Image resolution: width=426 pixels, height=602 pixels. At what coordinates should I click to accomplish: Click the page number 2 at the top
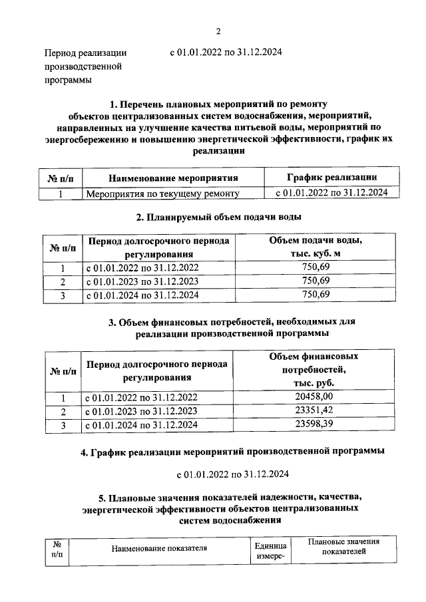[218, 31]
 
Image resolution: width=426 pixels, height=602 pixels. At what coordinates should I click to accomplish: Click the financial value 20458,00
[317, 397]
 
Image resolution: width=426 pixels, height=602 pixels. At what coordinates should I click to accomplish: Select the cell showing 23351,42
[317, 410]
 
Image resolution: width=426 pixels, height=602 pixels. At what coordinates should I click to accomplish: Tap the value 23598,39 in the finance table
[317, 424]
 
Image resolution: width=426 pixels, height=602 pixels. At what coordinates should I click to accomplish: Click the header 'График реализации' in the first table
[332, 177]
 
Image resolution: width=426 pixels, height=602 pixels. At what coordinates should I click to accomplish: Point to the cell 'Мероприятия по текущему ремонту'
[162, 194]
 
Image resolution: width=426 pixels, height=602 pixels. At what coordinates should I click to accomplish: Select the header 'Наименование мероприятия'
[172, 178]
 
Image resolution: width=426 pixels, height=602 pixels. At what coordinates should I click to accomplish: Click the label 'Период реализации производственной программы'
[85, 67]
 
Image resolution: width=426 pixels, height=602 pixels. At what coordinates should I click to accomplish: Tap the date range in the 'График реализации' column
[332, 193]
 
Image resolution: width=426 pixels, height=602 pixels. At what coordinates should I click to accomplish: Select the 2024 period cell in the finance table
[142, 424]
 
